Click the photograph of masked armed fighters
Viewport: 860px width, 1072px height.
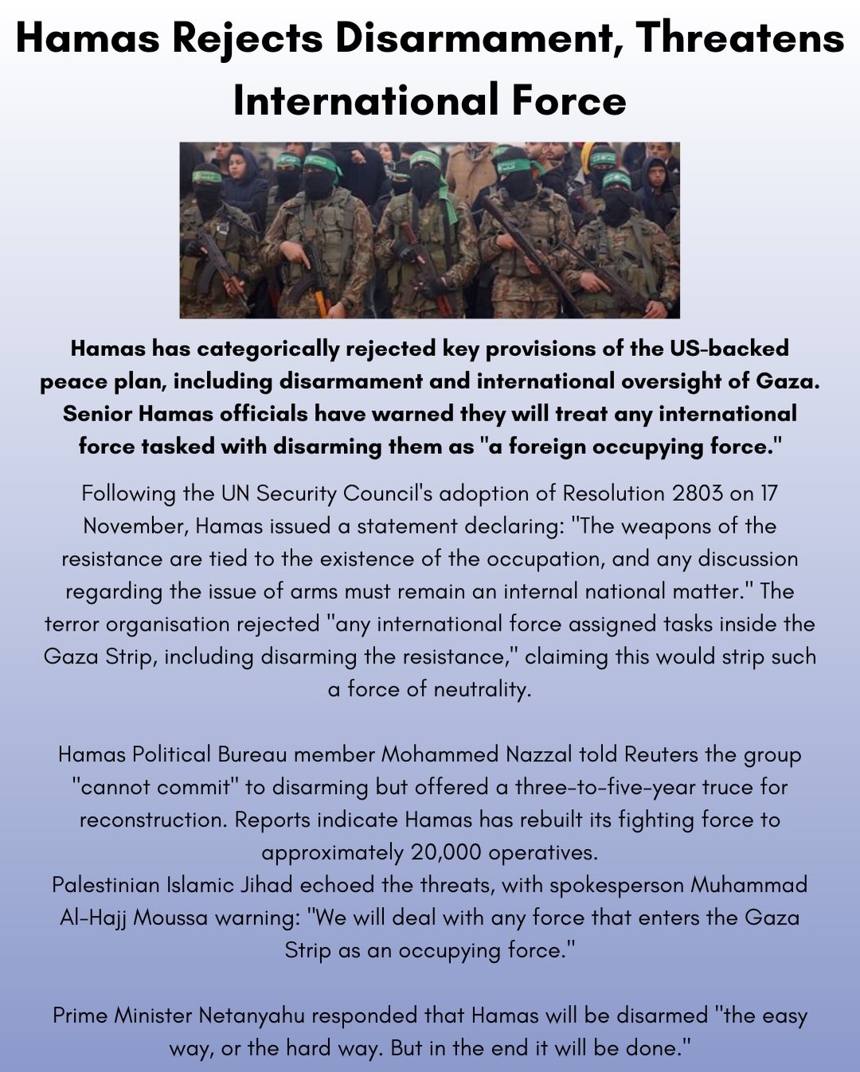pos(429,230)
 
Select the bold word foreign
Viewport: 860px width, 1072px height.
pos(553,446)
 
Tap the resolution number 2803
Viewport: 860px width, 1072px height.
pos(697,494)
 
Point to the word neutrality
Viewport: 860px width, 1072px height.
pos(481,689)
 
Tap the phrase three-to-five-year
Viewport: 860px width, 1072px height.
pos(610,787)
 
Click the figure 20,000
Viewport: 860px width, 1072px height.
pos(446,852)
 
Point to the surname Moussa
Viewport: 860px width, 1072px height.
pos(171,917)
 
